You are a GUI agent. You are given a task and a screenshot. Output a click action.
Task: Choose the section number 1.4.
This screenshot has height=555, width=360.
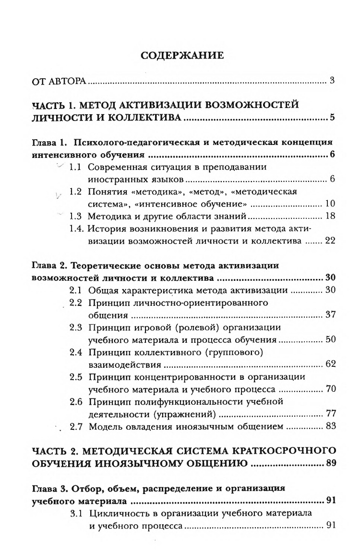point(76,229)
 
